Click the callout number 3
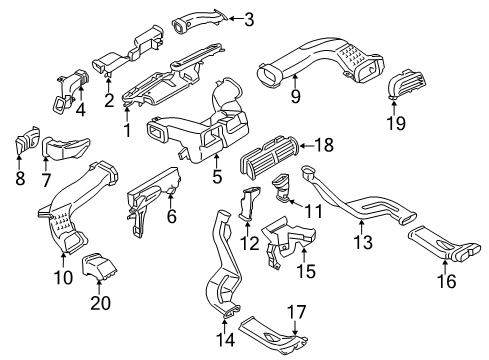pos(248,18)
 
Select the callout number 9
pos(294,96)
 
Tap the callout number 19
pos(397,125)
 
